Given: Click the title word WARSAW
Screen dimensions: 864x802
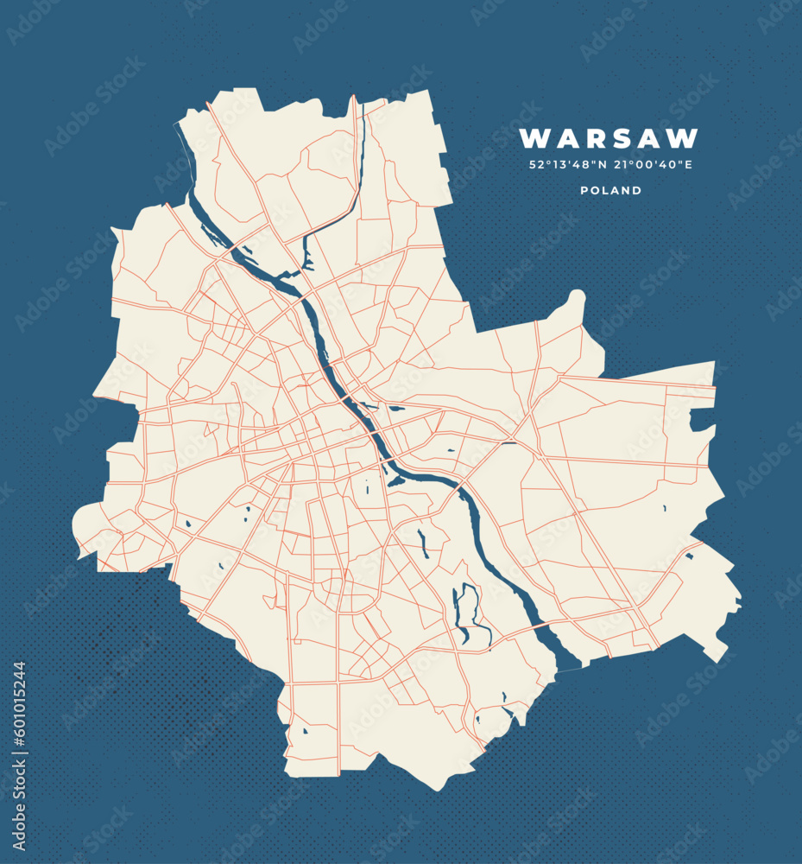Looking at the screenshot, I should click(609, 138).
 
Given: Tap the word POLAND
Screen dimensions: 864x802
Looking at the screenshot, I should click(610, 190).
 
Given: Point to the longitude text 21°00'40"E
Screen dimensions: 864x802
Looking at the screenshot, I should click(653, 165).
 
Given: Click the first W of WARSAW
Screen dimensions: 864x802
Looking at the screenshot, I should click(534, 138).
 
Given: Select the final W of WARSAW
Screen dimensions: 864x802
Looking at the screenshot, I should click(685, 138).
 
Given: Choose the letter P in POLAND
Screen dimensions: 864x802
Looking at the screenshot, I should click(584, 190).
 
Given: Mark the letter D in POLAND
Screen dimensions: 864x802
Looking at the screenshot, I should click(637, 190).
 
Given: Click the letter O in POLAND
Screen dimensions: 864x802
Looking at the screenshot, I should click(595, 190).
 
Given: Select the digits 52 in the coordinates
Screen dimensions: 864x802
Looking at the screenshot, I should click(536, 165).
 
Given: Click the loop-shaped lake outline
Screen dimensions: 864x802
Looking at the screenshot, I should click(469, 613).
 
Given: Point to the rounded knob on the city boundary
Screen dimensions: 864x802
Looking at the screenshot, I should click(576, 300).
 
